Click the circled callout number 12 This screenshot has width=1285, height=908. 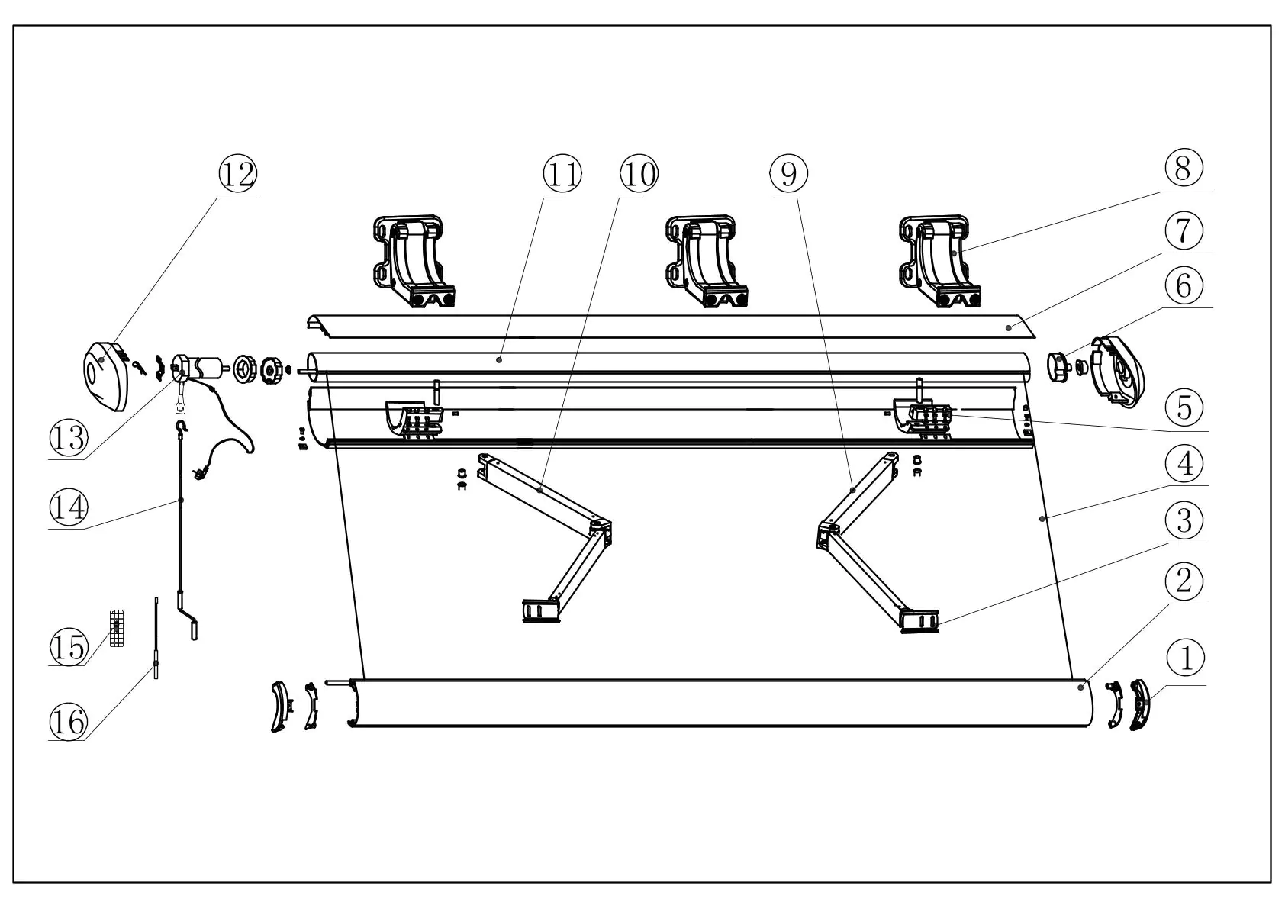[238, 174]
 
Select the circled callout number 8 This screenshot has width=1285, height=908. [1184, 168]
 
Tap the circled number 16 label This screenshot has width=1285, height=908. [69, 720]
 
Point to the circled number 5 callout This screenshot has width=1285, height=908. [1184, 407]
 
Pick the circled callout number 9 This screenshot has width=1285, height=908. [789, 174]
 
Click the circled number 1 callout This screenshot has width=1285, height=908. [1186, 658]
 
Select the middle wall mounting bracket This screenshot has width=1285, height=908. [706, 262]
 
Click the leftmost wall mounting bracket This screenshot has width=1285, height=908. [413, 262]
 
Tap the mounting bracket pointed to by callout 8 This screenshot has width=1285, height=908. [939, 262]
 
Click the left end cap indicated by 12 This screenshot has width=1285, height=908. [105, 377]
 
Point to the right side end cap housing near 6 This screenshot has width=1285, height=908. [1120, 368]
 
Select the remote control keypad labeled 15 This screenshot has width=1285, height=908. [117, 629]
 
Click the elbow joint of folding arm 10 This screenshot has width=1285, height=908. [601, 529]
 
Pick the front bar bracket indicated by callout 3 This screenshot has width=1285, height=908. [919, 620]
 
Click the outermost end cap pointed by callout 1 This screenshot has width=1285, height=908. [1139, 705]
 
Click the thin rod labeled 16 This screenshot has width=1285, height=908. [156, 641]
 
